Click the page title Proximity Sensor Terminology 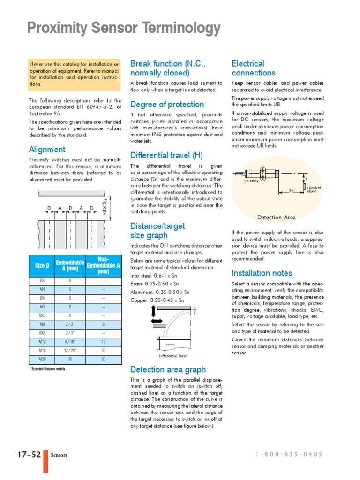pos(124,29)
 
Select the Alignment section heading pos(47,150)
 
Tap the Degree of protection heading pos(167,105)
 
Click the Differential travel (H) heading pos(166,156)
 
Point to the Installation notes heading pos(262,273)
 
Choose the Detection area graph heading pos(168,369)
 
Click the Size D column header pos(42,266)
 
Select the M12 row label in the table pos(42,342)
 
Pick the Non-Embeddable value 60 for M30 pos(103,359)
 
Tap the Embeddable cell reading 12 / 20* pos(70,350)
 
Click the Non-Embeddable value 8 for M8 pos(103,324)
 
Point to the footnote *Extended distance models pos(48,369)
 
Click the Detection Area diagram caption pos(277,217)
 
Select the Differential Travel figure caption pos(173,356)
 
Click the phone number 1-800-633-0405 pos(289,454)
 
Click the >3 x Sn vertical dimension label pos(105,206)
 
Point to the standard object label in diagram pos(314,189)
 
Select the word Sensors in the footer pos(59,455)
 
